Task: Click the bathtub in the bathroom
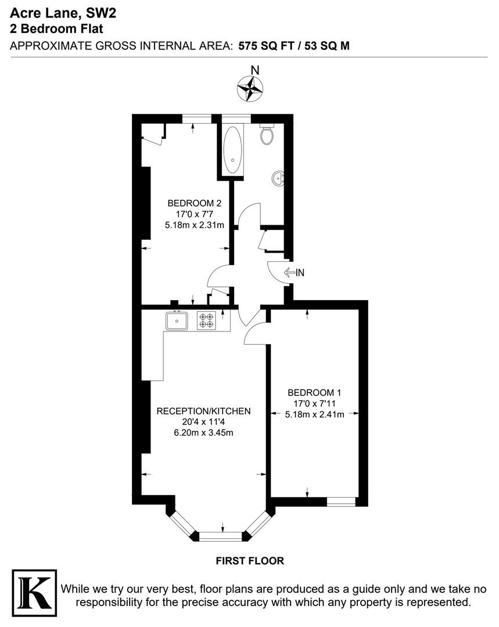(x=232, y=149)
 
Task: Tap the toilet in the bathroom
(x=267, y=134)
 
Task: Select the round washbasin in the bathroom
(x=278, y=178)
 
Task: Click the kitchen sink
(x=177, y=320)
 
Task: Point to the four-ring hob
(x=206, y=320)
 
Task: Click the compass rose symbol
(x=250, y=89)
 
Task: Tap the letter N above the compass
(x=255, y=70)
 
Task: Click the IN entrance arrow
(x=294, y=273)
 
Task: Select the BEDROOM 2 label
(x=194, y=203)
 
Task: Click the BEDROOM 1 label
(x=314, y=392)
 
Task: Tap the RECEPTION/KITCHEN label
(x=203, y=411)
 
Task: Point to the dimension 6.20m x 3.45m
(x=203, y=433)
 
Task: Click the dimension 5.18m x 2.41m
(x=314, y=415)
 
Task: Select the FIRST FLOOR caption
(x=250, y=561)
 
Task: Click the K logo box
(x=34, y=593)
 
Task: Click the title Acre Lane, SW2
(x=63, y=13)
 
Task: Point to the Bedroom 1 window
(x=341, y=502)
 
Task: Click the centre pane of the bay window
(x=221, y=536)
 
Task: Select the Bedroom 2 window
(x=196, y=119)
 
